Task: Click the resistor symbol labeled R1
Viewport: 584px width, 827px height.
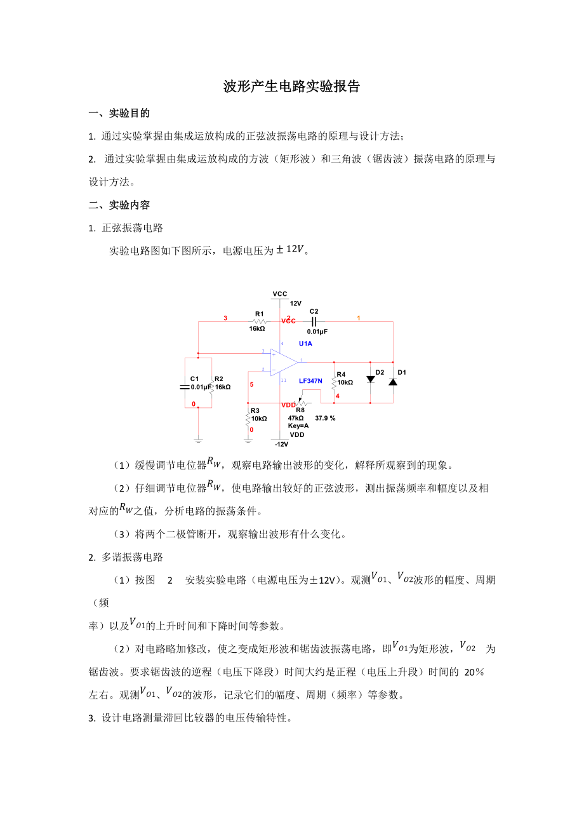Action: (x=258, y=321)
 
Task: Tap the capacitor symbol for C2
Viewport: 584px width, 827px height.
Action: (x=314, y=321)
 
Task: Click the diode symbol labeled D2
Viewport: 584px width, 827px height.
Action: (x=370, y=379)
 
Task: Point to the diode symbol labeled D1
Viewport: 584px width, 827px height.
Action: (x=393, y=381)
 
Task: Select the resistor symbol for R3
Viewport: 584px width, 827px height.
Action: (x=248, y=419)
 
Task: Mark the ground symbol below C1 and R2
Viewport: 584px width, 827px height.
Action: (x=198, y=439)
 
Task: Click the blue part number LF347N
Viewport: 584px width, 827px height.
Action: (x=310, y=381)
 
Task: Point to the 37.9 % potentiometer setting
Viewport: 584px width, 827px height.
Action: (x=325, y=419)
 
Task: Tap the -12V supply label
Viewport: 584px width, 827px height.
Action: (x=281, y=444)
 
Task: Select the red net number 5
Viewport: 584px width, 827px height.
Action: (x=251, y=385)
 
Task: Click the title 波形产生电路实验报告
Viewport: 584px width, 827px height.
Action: (x=291, y=87)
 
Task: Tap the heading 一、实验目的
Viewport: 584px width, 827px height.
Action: (x=119, y=114)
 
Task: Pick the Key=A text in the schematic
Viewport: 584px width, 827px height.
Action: (x=298, y=426)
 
